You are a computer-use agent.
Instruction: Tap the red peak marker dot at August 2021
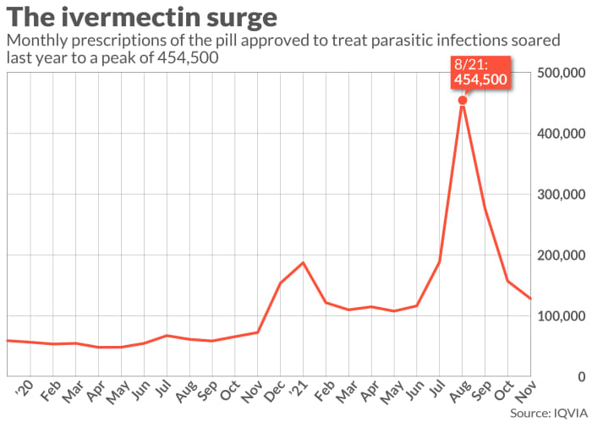pos(463,101)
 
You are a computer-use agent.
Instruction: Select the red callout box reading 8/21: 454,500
pos(480,71)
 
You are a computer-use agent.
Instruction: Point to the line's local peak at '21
pos(303,263)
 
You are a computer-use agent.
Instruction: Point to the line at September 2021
pos(485,207)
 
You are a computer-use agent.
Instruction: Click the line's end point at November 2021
pos(529,299)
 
